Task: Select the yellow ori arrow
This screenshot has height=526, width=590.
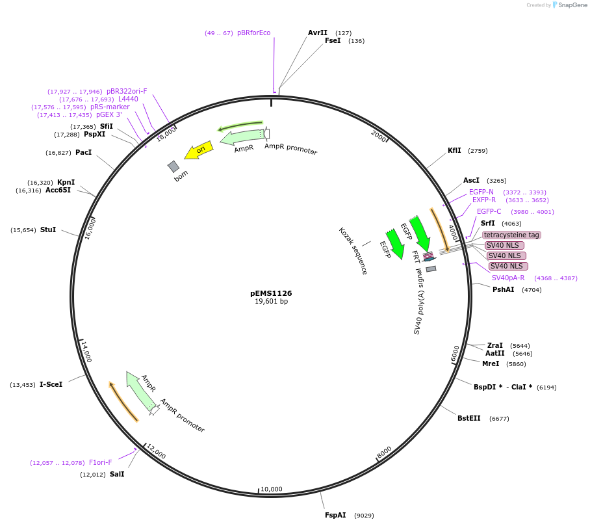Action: coord(199,150)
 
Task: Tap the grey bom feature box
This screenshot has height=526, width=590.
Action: coord(173,166)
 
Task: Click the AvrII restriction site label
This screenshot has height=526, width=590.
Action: coord(318,33)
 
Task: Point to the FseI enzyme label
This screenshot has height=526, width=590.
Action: coord(333,40)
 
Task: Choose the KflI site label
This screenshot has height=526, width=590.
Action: coord(454,150)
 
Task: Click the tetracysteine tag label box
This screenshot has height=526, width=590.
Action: coord(511,235)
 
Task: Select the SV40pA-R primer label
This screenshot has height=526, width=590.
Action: coord(508,278)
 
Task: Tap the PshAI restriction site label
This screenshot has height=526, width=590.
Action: coord(503,289)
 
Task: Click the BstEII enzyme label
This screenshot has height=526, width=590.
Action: coord(468,418)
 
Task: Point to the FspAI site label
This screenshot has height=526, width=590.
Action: coord(335,515)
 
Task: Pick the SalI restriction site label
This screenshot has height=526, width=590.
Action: coord(117,474)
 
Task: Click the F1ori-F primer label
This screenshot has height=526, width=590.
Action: coord(100,462)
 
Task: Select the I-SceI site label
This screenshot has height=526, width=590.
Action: coord(51,384)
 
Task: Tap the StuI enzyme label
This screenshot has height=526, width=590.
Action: coord(48,230)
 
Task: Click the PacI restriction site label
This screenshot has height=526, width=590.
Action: coord(83,152)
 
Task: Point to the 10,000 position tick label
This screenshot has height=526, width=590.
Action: coord(271,489)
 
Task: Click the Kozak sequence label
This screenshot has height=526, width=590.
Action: coord(353,250)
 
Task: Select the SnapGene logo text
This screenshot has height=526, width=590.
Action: coord(571,5)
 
